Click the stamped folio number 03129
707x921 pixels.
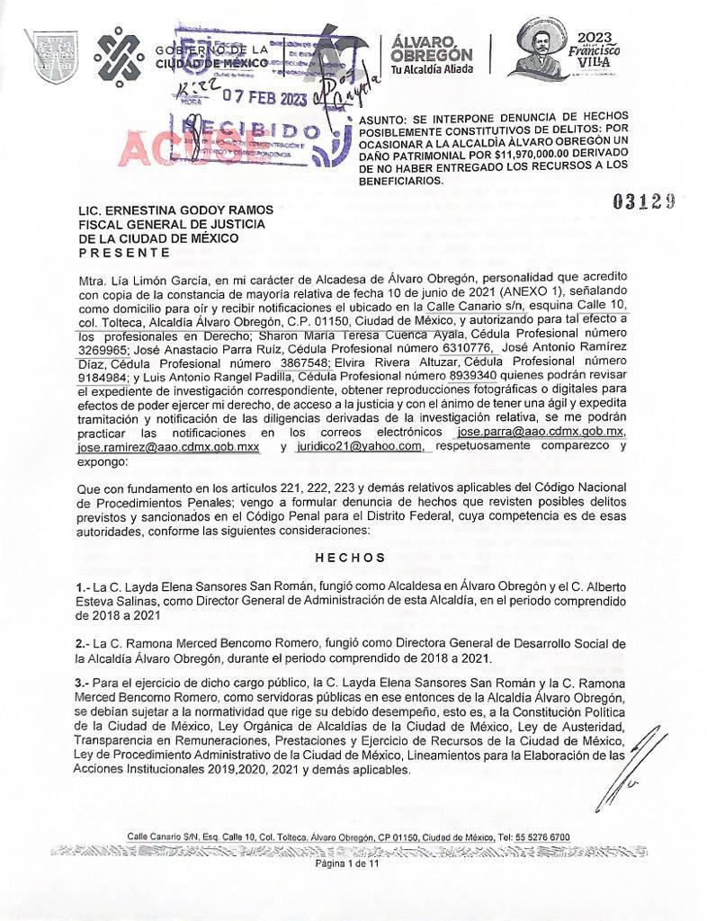tap(645, 201)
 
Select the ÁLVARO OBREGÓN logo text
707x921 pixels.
tap(432, 54)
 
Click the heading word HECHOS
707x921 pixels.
tap(352, 558)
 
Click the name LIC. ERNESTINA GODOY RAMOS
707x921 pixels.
tap(175, 210)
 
